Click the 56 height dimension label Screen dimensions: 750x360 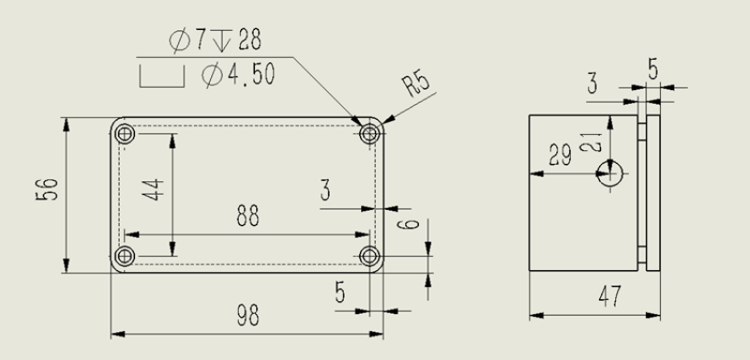tap(47, 188)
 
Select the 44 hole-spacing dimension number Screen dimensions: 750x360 tap(153, 189)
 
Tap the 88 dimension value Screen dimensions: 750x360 tap(247, 216)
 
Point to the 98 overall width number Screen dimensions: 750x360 tap(247, 316)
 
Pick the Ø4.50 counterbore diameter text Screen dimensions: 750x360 tap(238, 75)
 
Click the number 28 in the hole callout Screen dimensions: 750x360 tap(249, 39)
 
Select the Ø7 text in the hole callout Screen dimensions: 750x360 tap(187, 40)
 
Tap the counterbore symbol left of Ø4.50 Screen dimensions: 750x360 tap(161, 78)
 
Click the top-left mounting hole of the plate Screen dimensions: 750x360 tap(125, 134)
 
